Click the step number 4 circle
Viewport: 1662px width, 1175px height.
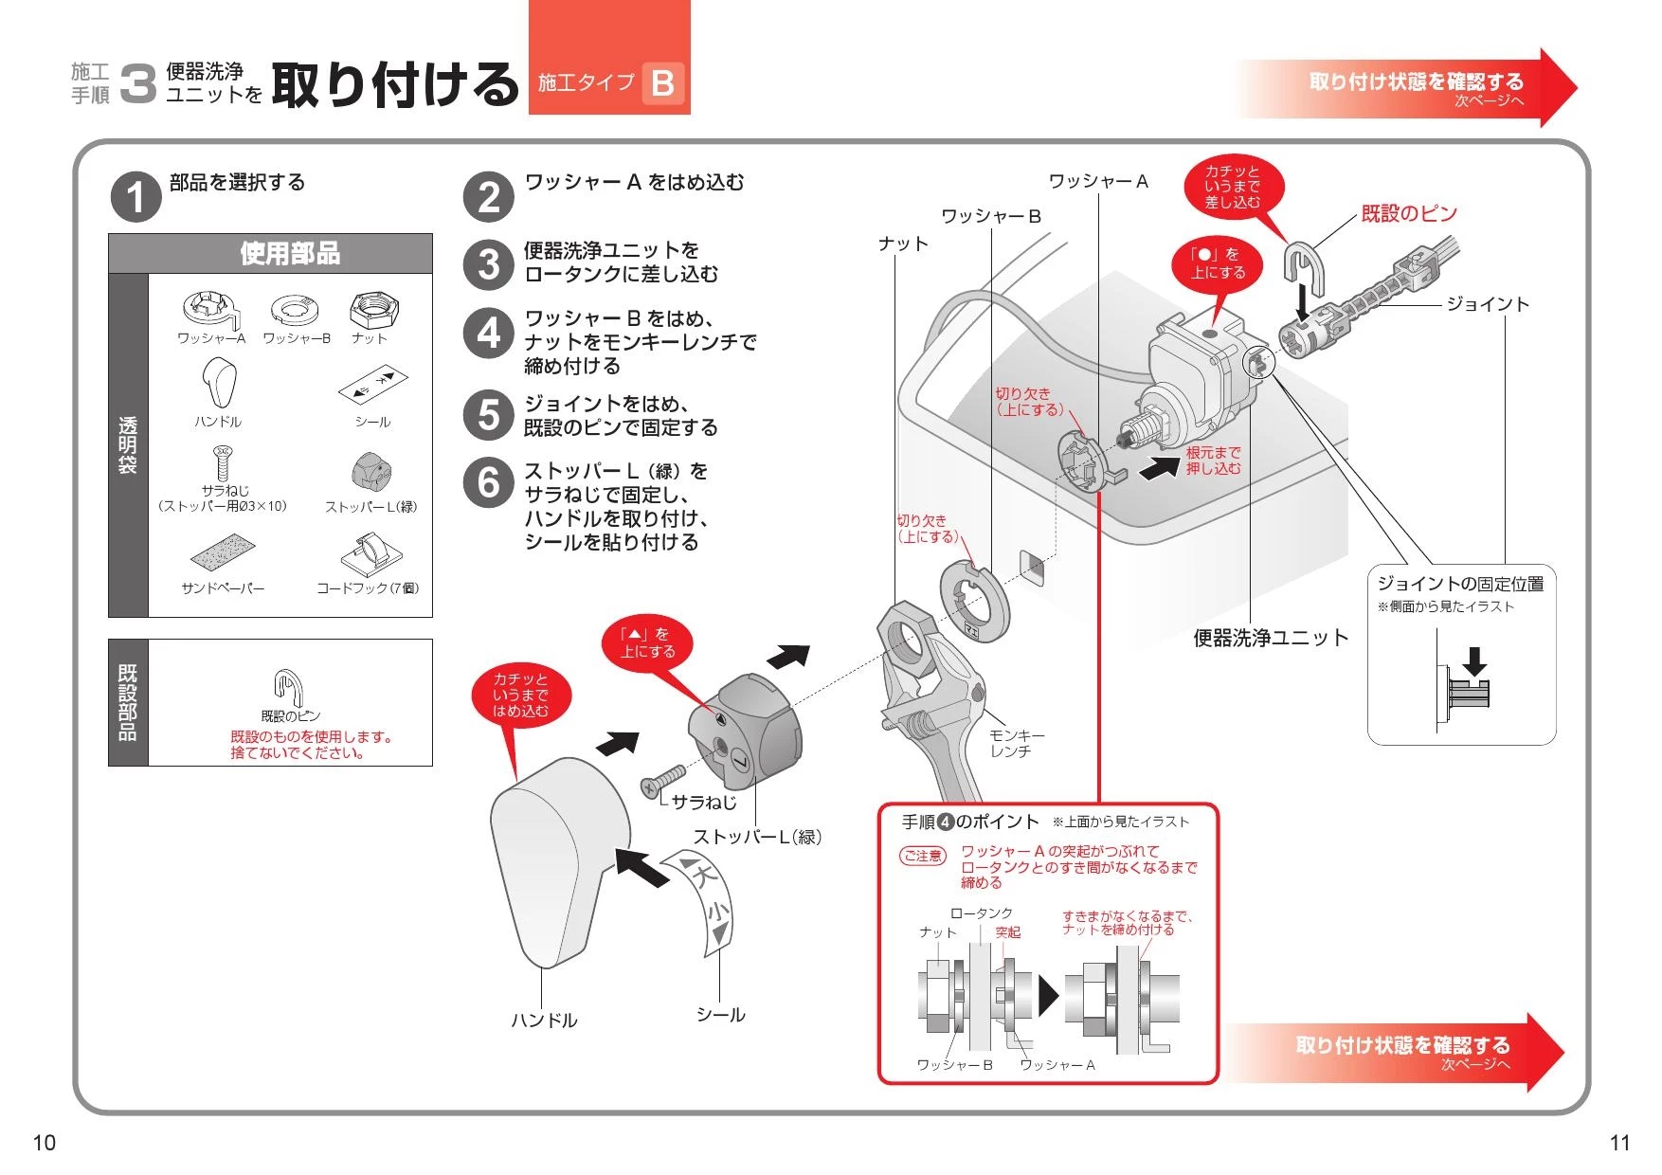click(x=488, y=333)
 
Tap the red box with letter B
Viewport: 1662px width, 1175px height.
click(x=662, y=83)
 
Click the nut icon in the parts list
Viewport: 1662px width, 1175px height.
click(x=374, y=309)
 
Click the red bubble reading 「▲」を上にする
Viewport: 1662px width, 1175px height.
click(x=648, y=643)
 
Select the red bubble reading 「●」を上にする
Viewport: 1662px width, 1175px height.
click(x=1218, y=263)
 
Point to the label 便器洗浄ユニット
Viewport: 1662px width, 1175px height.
click(x=1270, y=639)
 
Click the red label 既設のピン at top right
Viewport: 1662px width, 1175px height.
click(x=1408, y=214)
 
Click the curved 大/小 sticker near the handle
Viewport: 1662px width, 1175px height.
click(x=707, y=901)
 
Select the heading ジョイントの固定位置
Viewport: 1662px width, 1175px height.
click(x=1460, y=584)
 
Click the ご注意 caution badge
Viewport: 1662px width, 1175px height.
click(x=922, y=856)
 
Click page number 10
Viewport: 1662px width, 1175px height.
click(x=44, y=1142)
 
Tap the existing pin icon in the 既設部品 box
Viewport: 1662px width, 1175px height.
click(x=288, y=685)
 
